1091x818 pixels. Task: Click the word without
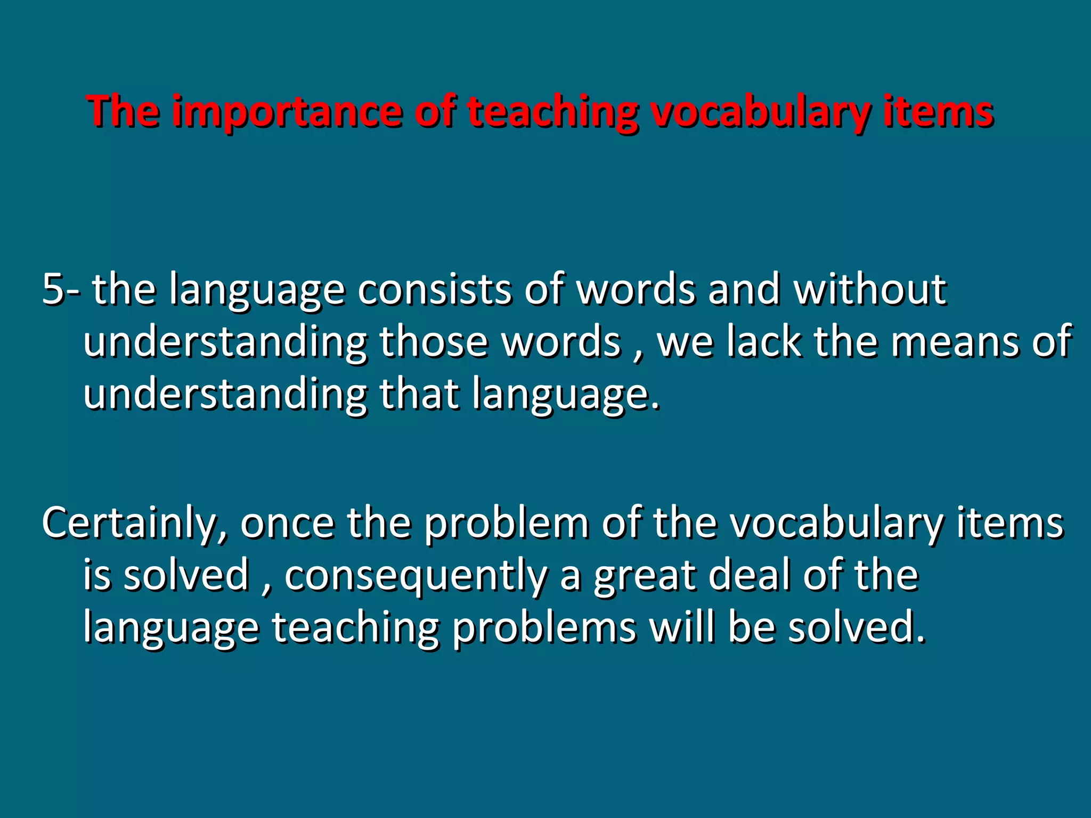click(x=869, y=289)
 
